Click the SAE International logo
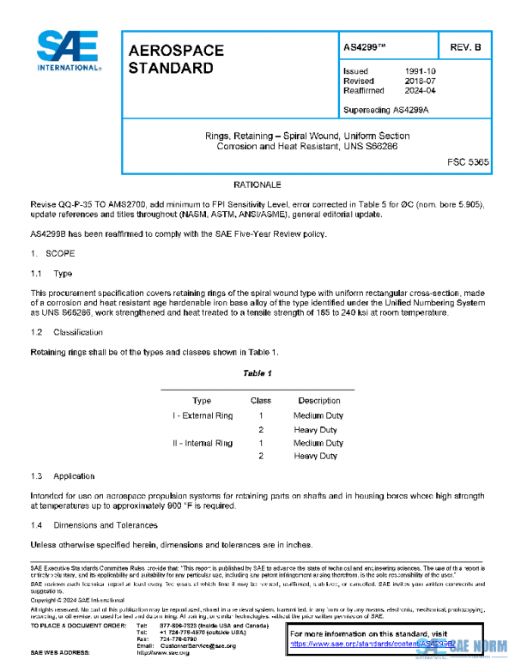coord(67,51)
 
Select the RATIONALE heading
coord(257,185)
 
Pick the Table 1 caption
coord(257,373)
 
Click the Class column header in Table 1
coord(260,401)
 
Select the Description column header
coord(319,401)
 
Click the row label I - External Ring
coord(203,416)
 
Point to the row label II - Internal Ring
coord(203,443)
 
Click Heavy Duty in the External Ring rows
coord(315,429)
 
